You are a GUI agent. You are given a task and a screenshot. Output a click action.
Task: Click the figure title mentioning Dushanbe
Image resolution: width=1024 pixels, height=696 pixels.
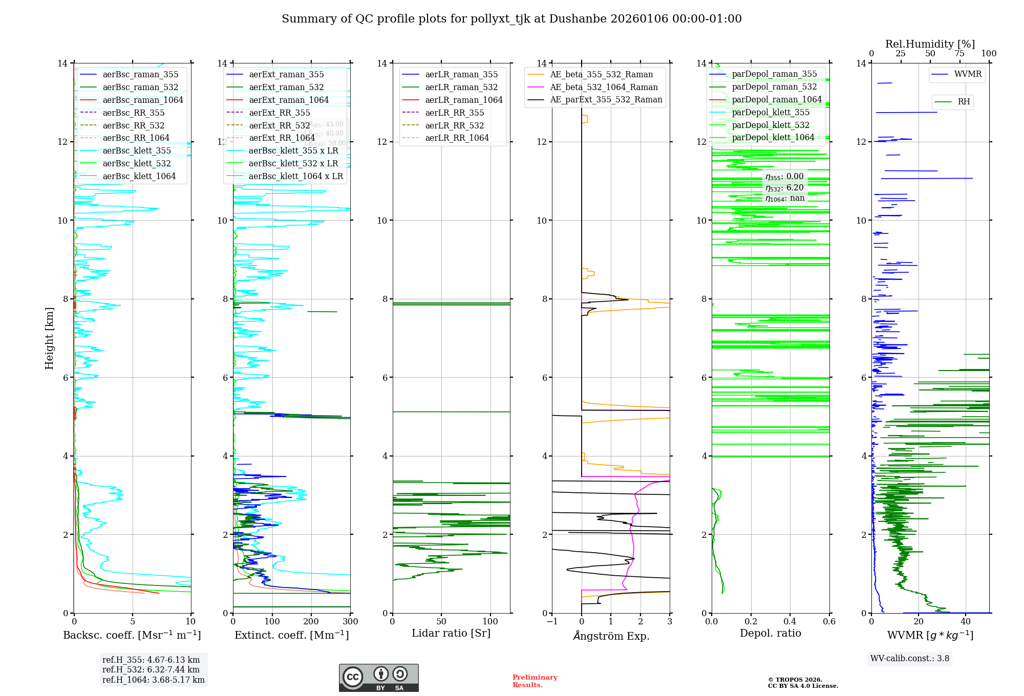click(511, 19)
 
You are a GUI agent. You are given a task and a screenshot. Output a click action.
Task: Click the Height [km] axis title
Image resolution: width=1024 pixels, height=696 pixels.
click(49, 338)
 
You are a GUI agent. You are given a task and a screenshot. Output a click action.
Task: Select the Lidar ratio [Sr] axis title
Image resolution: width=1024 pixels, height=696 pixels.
click(451, 633)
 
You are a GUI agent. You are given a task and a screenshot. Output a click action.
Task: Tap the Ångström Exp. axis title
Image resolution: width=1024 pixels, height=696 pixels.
click(611, 636)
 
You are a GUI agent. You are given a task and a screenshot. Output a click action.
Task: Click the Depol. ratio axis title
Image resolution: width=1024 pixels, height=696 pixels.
click(770, 633)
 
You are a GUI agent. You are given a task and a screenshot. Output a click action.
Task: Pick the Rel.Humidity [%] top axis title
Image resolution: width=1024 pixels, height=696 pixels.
click(930, 44)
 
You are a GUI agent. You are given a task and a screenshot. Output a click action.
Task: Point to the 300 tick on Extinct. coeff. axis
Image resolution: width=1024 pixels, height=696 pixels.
click(350, 622)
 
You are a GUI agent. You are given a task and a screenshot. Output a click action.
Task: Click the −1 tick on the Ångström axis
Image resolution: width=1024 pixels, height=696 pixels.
click(552, 622)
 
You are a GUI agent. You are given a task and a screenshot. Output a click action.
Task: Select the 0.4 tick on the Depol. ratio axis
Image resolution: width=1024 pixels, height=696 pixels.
click(790, 622)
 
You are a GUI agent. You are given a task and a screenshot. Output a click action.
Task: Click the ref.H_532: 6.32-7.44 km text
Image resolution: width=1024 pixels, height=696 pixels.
click(151, 669)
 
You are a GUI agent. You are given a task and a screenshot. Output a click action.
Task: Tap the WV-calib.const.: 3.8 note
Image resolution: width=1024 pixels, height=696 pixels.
click(910, 659)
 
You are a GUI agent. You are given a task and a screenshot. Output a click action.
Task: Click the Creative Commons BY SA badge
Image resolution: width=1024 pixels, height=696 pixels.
click(378, 678)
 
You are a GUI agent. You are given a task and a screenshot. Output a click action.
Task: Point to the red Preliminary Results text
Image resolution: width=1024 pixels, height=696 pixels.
click(535, 681)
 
